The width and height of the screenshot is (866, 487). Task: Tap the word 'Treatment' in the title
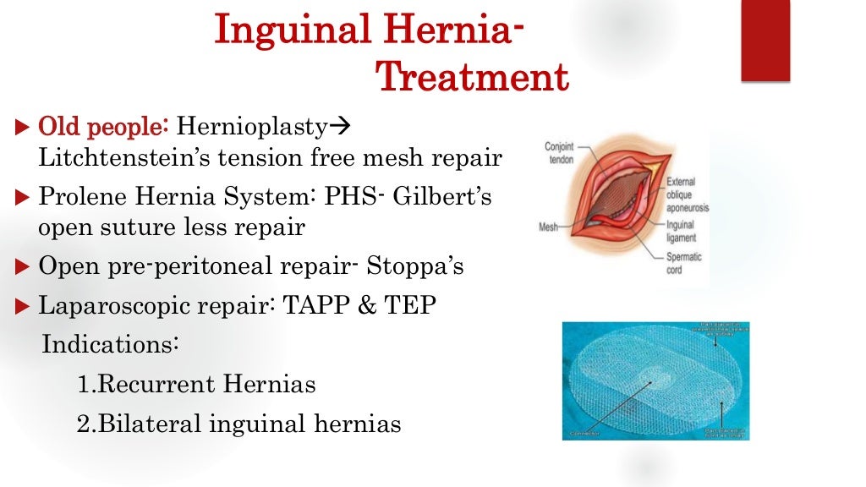click(472, 78)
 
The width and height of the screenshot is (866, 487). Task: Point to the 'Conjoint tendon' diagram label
click(559, 152)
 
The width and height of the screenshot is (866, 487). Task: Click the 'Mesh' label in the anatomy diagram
click(551, 227)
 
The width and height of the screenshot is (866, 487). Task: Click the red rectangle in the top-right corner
click(765, 41)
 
